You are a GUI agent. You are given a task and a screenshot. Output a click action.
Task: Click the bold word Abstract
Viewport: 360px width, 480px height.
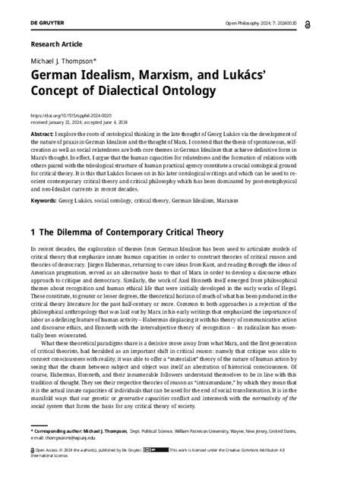pos(43,132)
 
